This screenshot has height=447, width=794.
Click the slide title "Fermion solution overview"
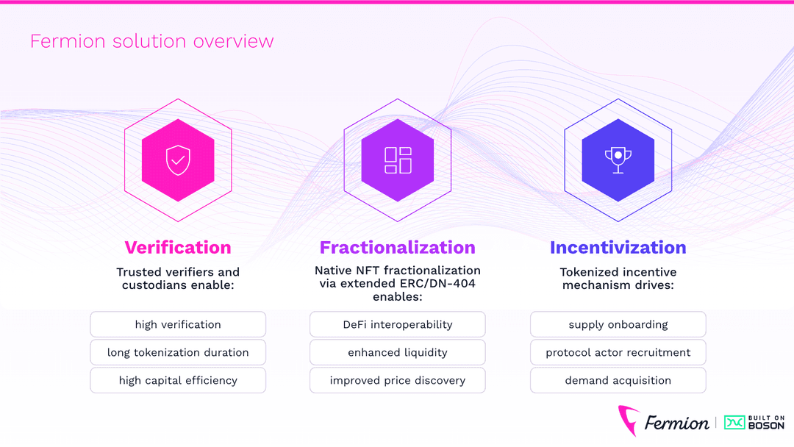tap(151, 41)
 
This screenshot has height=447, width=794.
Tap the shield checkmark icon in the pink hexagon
tap(177, 160)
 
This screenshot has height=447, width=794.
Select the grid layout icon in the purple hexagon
tap(398, 160)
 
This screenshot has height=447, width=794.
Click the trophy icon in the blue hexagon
tap(618, 160)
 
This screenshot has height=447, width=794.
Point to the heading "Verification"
tap(178, 248)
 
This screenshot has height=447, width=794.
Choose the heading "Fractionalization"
tap(398, 248)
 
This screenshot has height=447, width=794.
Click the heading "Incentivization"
tap(618, 248)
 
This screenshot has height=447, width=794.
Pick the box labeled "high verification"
tap(178, 324)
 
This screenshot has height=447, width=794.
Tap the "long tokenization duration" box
tap(178, 352)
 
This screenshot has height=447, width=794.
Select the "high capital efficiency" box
tap(178, 380)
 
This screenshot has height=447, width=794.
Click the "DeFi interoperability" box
tap(398, 324)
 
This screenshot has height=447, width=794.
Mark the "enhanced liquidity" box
tap(398, 352)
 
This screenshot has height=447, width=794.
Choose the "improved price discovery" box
tap(398, 380)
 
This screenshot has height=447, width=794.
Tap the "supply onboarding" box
tap(618, 324)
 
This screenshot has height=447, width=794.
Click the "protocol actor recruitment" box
tap(618, 352)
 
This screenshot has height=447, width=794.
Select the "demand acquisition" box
tap(618, 380)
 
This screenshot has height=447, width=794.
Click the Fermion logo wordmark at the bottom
tap(676, 423)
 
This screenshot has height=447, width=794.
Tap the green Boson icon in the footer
tap(734, 422)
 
